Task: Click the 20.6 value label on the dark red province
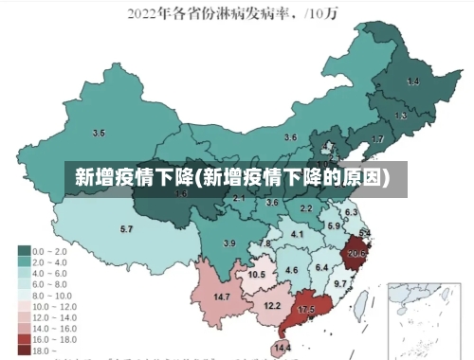click(357, 253)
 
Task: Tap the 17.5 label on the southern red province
click(306, 310)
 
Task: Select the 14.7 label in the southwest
click(221, 297)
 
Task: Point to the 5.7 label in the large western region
click(126, 229)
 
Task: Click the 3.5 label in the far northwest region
click(99, 133)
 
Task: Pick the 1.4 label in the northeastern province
click(412, 82)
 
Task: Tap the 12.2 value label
click(272, 305)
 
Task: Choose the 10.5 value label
click(256, 275)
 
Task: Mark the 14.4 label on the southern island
click(282, 349)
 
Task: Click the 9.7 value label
click(341, 283)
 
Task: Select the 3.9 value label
click(228, 243)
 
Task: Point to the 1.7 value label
click(377, 139)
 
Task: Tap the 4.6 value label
click(291, 270)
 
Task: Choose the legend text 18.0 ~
click(43, 350)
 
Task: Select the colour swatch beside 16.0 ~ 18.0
click(23, 337)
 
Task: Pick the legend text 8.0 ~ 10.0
click(53, 294)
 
